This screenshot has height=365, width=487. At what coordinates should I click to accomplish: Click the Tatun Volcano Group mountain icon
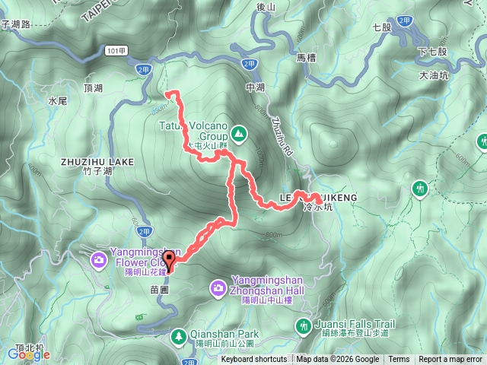[x=239, y=135]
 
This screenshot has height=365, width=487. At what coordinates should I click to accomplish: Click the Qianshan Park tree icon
[x=178, y=335]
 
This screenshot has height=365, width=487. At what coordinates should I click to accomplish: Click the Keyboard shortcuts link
[x=254, y=360]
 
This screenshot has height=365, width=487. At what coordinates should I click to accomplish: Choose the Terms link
[x=399, y=360]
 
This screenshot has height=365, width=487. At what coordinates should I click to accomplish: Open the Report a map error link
[x=450, y=360]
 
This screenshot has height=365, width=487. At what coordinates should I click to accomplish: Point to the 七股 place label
[x=382, y=27]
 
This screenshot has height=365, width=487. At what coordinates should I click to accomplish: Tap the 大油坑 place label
[x=434, y=76]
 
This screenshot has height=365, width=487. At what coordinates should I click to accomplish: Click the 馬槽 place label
[x=305, y=57]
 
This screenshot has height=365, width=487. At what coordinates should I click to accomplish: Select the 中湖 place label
[x=255, y=87]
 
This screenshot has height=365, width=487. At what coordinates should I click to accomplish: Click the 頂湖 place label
[x=93, y=89]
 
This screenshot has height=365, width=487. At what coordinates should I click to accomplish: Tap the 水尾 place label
[x=58, y=100]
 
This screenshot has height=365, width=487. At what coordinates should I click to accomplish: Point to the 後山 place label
[x=266, y=8]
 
